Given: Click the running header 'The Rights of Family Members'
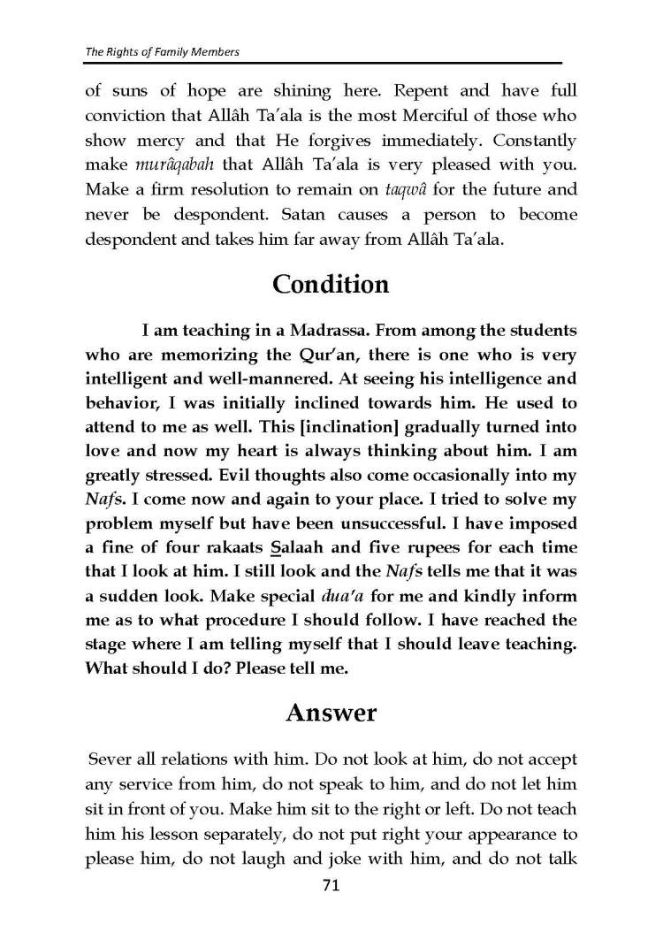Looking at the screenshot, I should tap(162, 52).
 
